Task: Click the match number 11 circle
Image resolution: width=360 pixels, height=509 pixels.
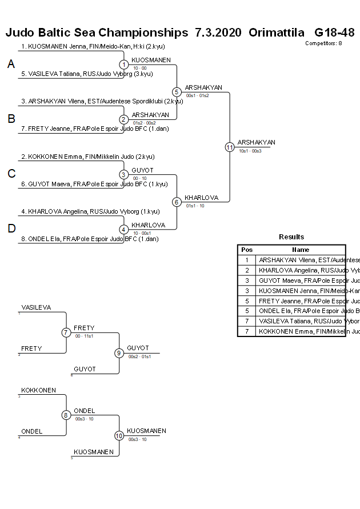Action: pos(230,147)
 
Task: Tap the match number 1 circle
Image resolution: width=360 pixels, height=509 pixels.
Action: pos(124,65)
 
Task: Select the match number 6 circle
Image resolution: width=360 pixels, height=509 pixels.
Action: pos(177,202)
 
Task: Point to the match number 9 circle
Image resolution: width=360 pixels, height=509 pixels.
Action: pos(119,353)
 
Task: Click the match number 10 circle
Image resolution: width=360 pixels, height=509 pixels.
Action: pos(119,435)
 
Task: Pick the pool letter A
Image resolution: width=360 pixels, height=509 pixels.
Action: pos(11,65)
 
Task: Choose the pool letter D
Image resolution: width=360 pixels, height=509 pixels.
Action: pos(11,229)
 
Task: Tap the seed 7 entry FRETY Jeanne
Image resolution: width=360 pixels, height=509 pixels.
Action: pos(86,129)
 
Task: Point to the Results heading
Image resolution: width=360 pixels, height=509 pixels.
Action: pos(291,237)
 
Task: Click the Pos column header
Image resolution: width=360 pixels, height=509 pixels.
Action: pos(247,250)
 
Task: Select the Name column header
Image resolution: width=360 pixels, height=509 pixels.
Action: pos(301,250)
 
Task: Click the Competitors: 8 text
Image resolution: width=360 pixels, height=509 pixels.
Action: pos(323,43)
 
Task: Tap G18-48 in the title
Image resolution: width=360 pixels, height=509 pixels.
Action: pos(334,33)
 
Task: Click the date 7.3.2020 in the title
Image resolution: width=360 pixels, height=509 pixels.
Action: pos(218,33)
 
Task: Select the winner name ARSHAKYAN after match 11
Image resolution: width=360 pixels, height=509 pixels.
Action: pos(257,142)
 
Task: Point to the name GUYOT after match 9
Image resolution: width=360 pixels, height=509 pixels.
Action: pos(138,348)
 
